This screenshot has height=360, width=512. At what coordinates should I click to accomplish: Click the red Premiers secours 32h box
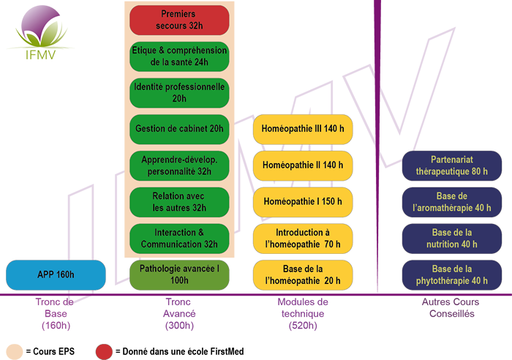(179, 20)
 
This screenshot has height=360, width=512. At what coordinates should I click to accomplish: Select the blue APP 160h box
(56, 274)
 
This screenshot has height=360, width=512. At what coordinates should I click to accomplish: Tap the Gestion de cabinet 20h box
(179, 129)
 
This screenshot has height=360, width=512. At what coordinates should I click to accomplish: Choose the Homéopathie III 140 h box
(303, 129)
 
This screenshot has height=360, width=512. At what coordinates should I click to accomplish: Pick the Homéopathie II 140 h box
(303, 165)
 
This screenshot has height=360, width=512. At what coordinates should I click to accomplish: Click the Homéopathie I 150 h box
(303, 202)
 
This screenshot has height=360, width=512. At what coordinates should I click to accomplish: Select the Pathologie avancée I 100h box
(179, 274)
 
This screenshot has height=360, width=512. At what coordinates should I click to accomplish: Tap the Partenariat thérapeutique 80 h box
(452, 165)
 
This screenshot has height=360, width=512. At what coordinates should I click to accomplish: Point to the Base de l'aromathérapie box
(452, 202)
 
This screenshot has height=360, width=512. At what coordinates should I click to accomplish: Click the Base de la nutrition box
(452, 239)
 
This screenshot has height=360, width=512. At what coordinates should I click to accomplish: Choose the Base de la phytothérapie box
(452, 274)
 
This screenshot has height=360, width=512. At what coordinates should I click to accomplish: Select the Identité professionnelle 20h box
(179, 93)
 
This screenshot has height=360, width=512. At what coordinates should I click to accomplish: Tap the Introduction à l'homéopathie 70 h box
(303, 239)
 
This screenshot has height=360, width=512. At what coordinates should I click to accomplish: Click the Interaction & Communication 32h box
(179, 239)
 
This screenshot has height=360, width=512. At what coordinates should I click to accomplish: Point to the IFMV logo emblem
(41, 26)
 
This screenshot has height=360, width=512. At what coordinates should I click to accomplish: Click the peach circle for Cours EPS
(15, 352)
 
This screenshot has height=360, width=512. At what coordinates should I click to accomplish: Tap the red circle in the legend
(104, 352)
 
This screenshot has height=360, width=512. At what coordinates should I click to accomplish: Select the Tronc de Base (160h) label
(56, 314)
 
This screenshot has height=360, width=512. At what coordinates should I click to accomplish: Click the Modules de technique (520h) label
(303, 314)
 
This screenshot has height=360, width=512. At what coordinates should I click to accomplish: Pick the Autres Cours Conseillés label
(451, 308)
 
